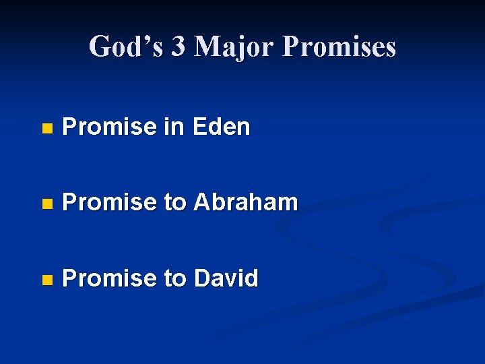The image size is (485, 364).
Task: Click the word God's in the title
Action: [x=125, y=47]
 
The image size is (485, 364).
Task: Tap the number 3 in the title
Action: [x=179, y=47]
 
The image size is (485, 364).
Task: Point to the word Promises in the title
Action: [x=339, y=47]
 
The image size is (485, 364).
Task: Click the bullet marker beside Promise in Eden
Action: [x=46, y=127]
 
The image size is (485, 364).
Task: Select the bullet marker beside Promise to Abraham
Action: [x=46, y=203]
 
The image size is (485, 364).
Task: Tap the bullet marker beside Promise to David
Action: [x=46, y=278]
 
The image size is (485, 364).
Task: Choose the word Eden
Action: [x=221, y=127]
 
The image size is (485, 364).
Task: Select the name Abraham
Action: [x=245, y=202]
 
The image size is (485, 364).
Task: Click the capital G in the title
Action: [x=100, y=47]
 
